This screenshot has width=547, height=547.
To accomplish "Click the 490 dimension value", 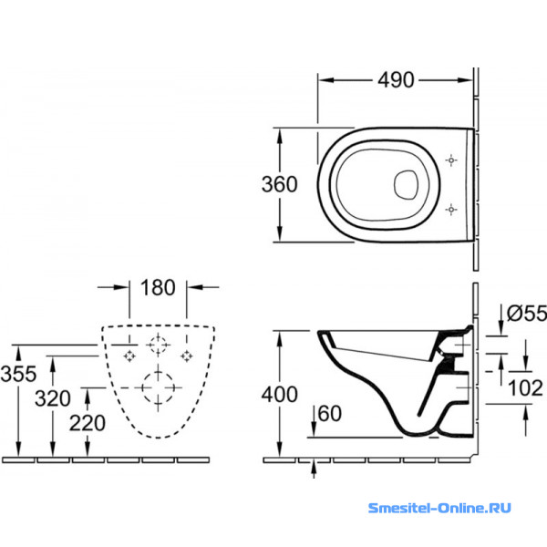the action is (x=396, y=80).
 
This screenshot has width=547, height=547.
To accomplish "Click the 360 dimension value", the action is (x=280, y=184).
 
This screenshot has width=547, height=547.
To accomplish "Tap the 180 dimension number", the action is (x=158, y=287).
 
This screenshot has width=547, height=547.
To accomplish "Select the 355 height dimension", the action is (x=18, y=373).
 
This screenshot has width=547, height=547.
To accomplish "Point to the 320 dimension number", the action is (x=53, y=398).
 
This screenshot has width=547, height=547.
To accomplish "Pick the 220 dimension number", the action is (x=88, y=423).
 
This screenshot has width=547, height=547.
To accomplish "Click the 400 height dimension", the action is (x=280, y=395).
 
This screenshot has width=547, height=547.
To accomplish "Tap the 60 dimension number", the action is (x=330, y=414).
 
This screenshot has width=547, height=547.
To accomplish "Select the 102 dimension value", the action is (x=525, y=388).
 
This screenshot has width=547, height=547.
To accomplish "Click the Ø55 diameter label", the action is (x=527, y=313).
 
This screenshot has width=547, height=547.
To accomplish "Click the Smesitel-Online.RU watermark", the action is (x=439, y=508).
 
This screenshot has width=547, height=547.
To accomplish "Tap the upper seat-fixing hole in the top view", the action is (x=451, y=160).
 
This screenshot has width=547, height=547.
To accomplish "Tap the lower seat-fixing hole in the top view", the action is (x=451, y=210).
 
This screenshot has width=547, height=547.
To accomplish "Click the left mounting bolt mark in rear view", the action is (x=129, y=356).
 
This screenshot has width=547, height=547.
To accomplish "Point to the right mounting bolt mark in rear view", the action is (x=187, y=356).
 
